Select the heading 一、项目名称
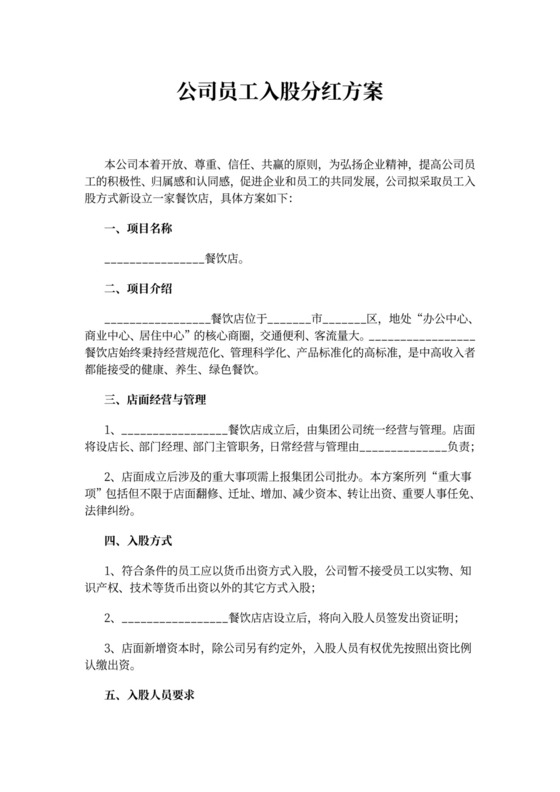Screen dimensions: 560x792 pos(138,229)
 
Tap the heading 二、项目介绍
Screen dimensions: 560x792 pos(138,290)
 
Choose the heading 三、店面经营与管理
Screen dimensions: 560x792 pos(155,400)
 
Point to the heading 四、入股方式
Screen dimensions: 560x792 pos(138,541)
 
